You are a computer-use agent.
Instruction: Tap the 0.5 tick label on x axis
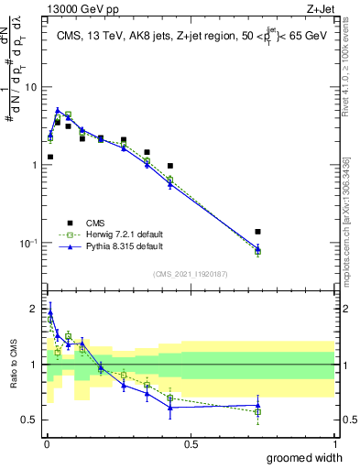[x=191, y=443]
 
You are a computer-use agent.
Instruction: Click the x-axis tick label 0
[x=46, y=443]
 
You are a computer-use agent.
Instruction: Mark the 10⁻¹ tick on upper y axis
[x=29, y=243]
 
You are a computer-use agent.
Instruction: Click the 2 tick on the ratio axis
[x=36, y=309]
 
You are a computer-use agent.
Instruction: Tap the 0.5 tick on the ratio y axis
[x=32, y=420]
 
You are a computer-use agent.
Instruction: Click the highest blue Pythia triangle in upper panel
[x=58, y=111]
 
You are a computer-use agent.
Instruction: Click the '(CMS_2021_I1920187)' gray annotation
[x=191, y=274]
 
